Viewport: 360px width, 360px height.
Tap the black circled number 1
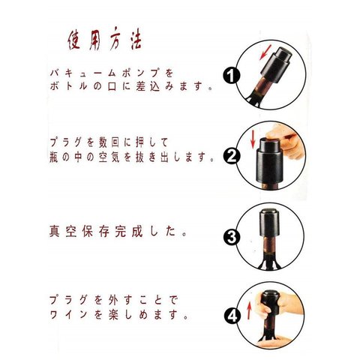coord(231,76)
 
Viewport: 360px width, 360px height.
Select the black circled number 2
coord(232,156)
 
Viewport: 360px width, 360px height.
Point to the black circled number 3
coord(232,237)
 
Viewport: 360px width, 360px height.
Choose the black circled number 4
coord(232,316)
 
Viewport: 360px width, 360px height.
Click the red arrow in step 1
coord(265,52)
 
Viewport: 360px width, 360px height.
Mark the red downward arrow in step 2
coord(253,139)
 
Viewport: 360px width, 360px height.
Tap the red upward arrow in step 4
coord(249,310)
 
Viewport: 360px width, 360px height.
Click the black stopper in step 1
coord(276,63)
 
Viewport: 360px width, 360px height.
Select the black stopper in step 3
coord(269,223)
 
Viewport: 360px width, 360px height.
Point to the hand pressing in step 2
coord(286,141)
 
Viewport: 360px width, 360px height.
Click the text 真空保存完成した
coord(118,231)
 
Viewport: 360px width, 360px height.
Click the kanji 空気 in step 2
coord(109,157)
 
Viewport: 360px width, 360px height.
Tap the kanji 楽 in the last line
coord(113,314)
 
